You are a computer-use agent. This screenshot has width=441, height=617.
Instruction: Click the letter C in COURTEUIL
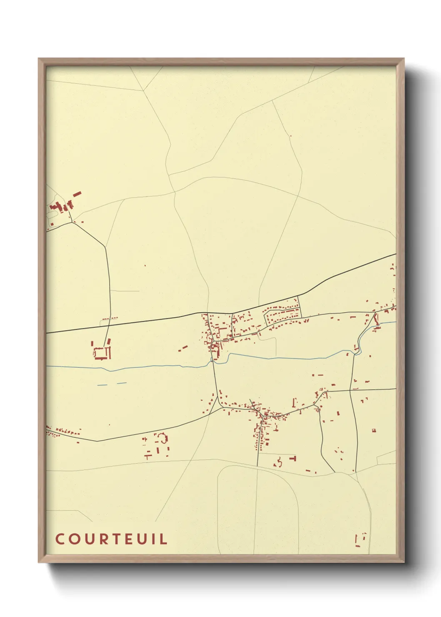point(60,539)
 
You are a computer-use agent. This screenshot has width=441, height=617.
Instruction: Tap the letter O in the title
point(74,539)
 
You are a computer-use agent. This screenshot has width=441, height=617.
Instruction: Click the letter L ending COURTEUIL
point(164,539)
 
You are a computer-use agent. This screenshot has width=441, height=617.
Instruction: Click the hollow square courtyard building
point(102,353)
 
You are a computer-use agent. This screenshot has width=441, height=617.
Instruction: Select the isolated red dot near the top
point(291,136)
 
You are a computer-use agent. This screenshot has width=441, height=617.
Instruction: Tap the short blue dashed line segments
point(112,384)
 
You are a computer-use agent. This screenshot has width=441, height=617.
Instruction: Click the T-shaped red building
point(293,458)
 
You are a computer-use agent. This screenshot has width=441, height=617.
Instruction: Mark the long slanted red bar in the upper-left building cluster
point(77,194)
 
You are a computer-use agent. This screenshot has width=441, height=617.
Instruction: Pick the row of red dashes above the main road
point(110,319)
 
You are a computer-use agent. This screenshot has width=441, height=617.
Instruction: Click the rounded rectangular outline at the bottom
point(258,511)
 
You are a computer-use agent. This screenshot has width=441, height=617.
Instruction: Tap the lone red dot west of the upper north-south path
point(145,266)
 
